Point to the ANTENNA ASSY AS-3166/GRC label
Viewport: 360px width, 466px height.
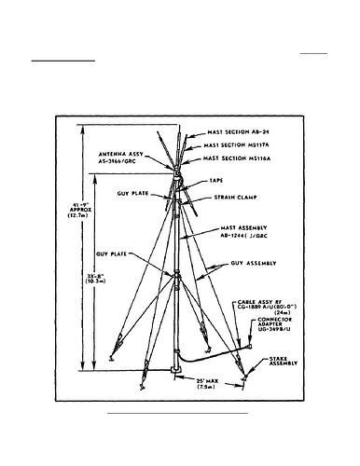(131, 158)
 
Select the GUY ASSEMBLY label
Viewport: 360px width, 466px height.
(252, 266)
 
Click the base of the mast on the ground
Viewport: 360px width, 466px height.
(177, 375)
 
